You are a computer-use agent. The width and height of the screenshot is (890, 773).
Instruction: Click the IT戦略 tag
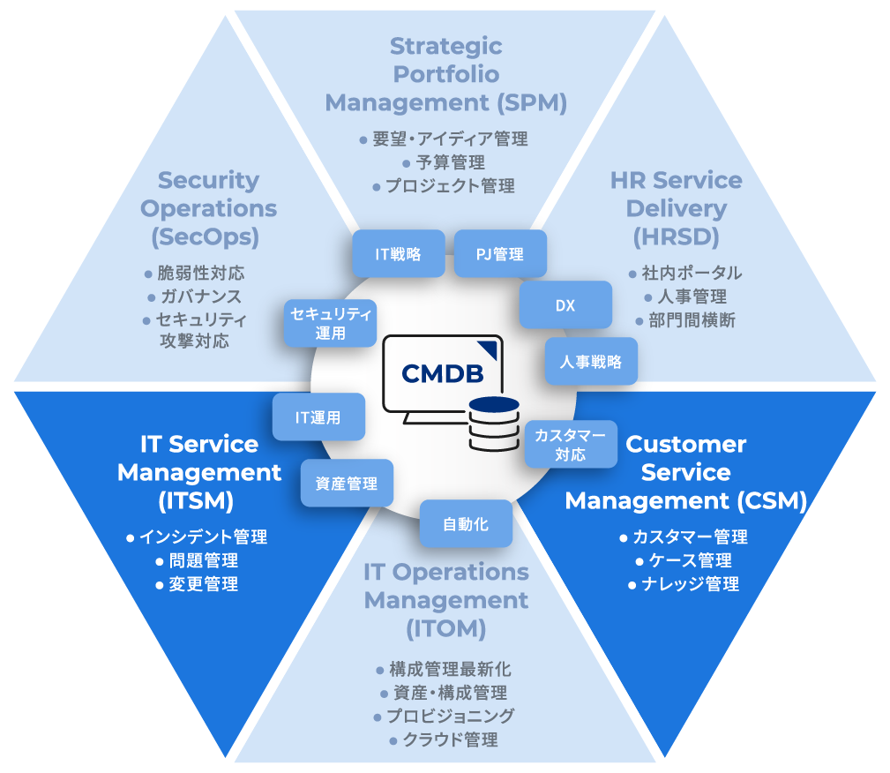[398, 254]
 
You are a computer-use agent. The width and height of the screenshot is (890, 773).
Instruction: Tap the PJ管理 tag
[500, 254]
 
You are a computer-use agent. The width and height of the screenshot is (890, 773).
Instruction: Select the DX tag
[565, 305]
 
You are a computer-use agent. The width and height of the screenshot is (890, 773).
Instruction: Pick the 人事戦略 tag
[591, 361]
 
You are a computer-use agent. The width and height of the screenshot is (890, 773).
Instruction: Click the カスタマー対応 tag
[571, 444]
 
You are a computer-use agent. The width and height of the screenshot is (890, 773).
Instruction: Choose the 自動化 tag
[466, 523]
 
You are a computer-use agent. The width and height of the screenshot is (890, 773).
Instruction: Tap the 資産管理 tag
[347, 483]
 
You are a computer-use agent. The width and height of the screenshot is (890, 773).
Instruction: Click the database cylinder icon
[494, 424]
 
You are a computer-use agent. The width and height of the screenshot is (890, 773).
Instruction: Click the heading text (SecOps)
[209, 237]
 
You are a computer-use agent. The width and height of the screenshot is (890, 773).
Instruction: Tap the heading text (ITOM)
[446, 629]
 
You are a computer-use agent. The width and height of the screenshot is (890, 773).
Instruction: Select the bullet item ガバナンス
[199, 296]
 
